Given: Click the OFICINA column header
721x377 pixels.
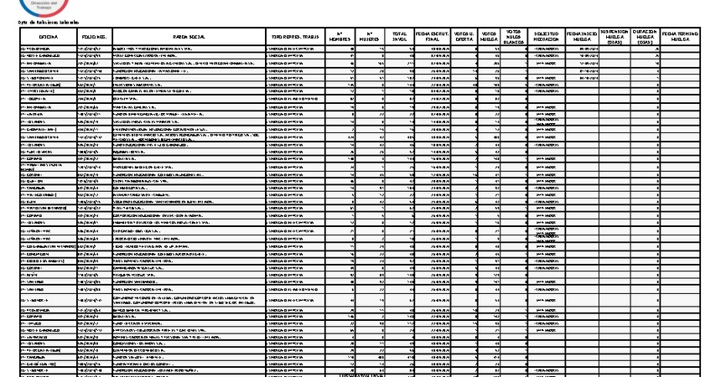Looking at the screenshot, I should [x=47, y=38].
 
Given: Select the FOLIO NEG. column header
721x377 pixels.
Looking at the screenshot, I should [x=93, y=38].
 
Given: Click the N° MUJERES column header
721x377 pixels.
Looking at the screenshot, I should [x=370, y=38].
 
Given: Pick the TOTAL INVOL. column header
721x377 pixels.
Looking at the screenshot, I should [x=400, y=38].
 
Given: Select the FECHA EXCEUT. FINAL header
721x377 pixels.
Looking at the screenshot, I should [x=433, y=38].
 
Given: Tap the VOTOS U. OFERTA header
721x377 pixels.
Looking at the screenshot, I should [x=464, y=38].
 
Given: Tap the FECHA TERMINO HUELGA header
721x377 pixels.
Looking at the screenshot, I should [x=680, y=38].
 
